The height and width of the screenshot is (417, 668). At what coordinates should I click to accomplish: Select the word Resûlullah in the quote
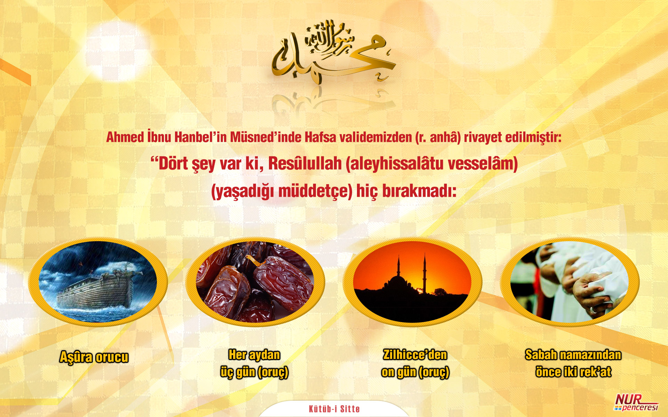[x=305, y=164]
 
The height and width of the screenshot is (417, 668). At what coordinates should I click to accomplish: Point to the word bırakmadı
[x=419, y=191]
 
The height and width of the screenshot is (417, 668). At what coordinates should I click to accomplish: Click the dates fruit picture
[x=255, y=282]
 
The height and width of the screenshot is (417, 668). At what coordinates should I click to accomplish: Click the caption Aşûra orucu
[x=94, y=357]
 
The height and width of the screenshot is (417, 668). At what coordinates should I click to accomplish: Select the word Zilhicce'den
[x=415, y=355]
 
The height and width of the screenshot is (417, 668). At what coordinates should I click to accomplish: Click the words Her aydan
[x=254, y=355]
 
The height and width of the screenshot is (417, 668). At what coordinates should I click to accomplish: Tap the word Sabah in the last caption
[x=541, y=355]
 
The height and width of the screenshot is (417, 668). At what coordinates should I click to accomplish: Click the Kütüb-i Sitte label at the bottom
[x=334, y=409]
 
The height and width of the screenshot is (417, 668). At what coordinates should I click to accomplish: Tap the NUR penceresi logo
[x=636, y=402]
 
